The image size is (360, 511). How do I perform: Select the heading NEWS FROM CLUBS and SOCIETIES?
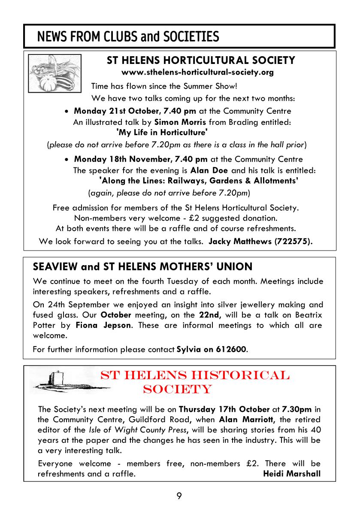pyautogui.click(x=128, y=37)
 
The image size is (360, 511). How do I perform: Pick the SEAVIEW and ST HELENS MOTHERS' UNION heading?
pyautogui.click(x=142, y=267)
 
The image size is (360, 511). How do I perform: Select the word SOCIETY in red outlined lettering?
pyautogui.click(x=177, y=389)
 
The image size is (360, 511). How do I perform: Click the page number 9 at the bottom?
pyautogui.click(x=179, y=496)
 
